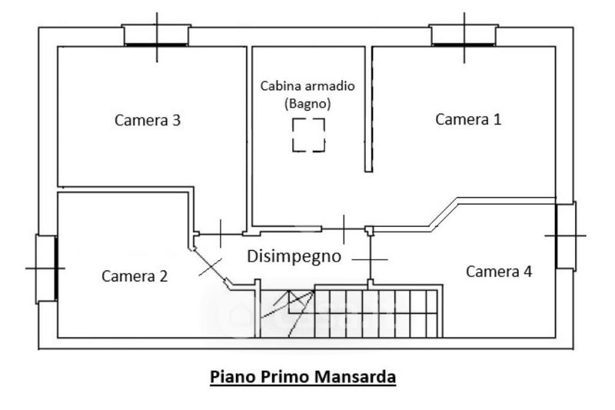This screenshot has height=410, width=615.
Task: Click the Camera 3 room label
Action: [x=148, y=120]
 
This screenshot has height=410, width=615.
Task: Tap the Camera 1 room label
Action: [x=468, y=119]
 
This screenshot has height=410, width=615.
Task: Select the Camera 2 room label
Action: [x=135, y=275]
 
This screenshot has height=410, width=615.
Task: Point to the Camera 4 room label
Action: [x=499, y=271]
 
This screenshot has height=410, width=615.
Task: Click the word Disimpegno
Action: [x=294, y=256]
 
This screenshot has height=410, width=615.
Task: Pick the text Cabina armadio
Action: [x=307, y=85]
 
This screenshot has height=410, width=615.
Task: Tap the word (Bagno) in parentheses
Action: [x=307, y=102]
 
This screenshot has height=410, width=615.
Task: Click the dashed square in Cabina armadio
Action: [x=308, y=135]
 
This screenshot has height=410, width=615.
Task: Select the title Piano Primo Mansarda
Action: [x=303, y=378]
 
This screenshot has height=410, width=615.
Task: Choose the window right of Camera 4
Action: [x=565, y=235]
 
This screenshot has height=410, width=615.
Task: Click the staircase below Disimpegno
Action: [x=350, y=312]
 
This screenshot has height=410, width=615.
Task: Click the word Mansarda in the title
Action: [x=361, y=378]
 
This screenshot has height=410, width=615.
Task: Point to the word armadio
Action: [x=331, y=85]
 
